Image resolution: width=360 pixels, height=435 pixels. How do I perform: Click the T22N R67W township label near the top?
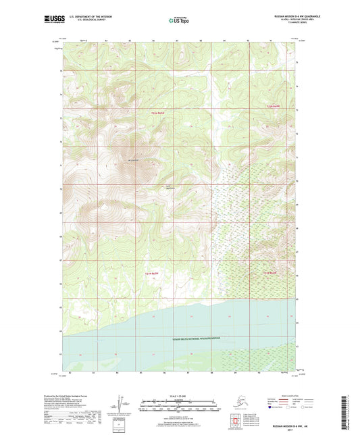click(x=157, y=112)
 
